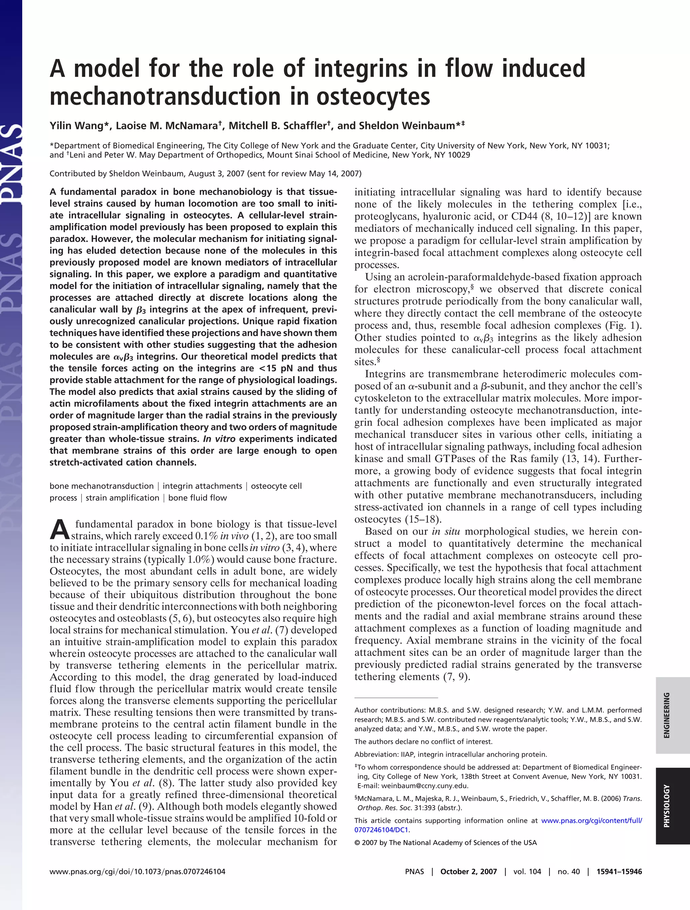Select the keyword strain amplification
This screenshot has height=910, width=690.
tap(122, 498)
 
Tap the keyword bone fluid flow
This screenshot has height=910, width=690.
tap(197, 498)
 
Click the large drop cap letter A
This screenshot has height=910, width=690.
tap(59, 530)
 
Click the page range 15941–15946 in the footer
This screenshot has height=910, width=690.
tap(619, 871)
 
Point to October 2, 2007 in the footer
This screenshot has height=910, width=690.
tap(468, 871)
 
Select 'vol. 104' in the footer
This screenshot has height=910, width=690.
tap(527, 871)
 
